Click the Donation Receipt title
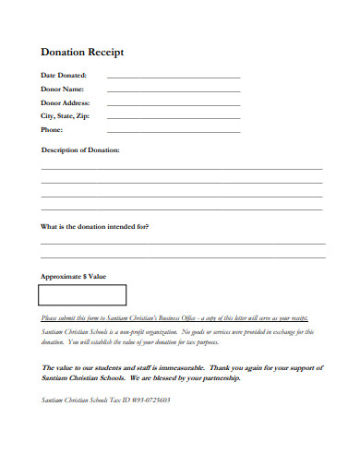[82, 53]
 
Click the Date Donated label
[64, 76]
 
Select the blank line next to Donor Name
[174, 91]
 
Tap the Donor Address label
[65, 103]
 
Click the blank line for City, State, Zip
[174, 119]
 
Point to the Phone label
[52, 131]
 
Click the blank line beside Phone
[174, 133]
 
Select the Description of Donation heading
[80, 149]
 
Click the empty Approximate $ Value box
[82, 295]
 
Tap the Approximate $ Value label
[74, 276]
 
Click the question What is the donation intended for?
[95, 226]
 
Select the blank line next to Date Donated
[174, 78]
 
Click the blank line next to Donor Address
[174, 105]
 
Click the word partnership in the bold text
[216, 378]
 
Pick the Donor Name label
[63, 90]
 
